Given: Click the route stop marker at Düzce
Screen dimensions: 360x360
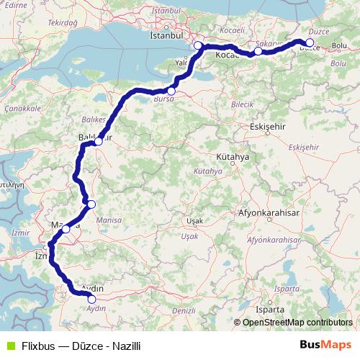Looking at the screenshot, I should coord(310,42).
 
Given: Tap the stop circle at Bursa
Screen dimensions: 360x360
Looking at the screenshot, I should coord(171,91).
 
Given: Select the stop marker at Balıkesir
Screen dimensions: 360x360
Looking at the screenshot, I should coord(99,141).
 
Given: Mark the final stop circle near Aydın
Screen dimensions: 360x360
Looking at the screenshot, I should coord(91,299).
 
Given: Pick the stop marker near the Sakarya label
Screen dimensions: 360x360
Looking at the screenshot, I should coord(258,51).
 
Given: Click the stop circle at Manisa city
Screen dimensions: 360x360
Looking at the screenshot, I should coord(66,229).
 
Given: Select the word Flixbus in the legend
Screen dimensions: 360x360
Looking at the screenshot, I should coord(37,345).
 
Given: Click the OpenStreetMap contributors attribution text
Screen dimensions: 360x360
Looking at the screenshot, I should coord(297,323).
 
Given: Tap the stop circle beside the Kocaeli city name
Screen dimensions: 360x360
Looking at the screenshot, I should coord(198,45).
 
